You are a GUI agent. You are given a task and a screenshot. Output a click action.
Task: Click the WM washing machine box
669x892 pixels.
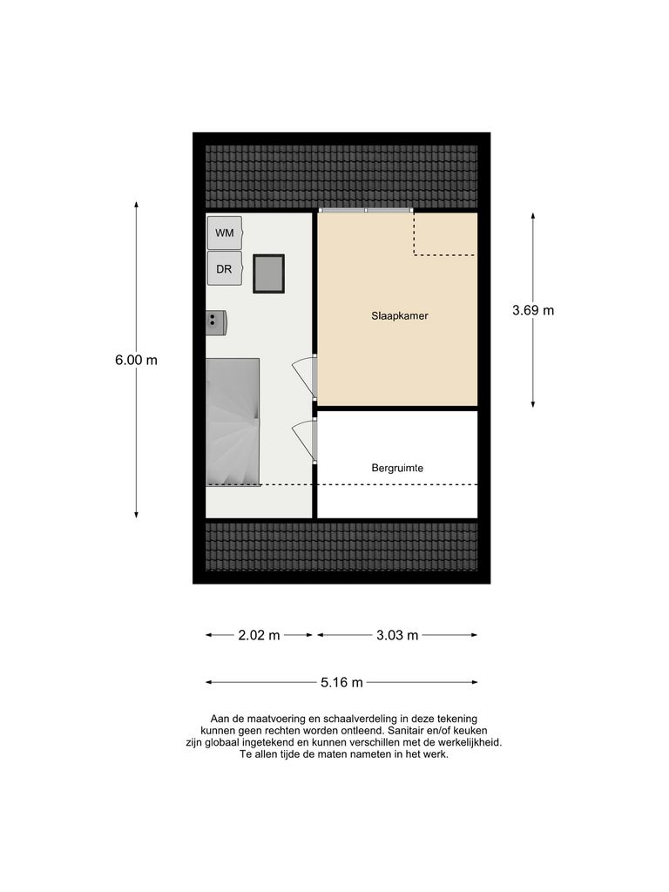(225, 233)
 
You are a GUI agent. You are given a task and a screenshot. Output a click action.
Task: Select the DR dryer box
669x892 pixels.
(225, 269)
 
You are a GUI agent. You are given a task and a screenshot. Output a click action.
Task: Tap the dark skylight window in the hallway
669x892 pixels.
(268, 274)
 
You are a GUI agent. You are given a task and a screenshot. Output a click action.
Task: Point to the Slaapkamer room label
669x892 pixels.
(400, 316)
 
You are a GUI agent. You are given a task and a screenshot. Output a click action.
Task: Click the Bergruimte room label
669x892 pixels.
(397, 468)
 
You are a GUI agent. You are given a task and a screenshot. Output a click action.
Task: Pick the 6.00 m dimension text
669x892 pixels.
(136, 360)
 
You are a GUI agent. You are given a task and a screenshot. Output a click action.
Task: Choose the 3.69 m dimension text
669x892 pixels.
(533, 309)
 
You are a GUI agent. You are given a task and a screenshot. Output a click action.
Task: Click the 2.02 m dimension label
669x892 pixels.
(259, 635)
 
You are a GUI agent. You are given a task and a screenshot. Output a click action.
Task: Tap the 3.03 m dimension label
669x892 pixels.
(397, 635)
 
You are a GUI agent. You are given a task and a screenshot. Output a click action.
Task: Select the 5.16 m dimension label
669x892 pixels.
(341, 682)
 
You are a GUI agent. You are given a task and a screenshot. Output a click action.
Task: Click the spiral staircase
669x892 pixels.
(233, 422)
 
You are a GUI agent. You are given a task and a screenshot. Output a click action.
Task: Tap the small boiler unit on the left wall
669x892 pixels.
(216, 322)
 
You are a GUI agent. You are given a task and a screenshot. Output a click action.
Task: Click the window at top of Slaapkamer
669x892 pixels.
(365, 211)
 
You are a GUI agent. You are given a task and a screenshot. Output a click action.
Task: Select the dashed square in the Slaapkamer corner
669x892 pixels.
(444, 233)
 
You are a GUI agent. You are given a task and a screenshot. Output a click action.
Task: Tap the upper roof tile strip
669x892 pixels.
(341, 172)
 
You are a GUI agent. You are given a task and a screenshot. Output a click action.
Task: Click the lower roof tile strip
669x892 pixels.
(341, 546)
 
